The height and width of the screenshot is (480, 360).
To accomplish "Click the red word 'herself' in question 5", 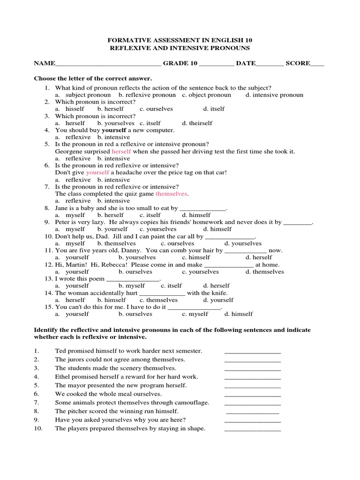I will pyautogui.click(x=121, y=151).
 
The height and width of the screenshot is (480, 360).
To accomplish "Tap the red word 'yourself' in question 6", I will pyautogui.click(x=97, y=172).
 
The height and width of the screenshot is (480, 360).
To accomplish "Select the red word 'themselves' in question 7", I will pyautogui.click(x=172, y=193).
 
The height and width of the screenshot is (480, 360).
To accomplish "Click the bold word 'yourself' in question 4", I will pyautogui.click(x=114, y=130).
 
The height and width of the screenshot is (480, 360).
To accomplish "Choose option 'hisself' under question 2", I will pyautogui.click(x=75, y=109).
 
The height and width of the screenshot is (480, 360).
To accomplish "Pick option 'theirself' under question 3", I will pyautogui.click(x=197, y=123).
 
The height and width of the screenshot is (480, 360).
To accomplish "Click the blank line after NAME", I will pyautogui.click(x=107, y=64).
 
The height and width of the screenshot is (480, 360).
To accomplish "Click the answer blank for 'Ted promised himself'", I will pyautogui.click(x=253, y=352).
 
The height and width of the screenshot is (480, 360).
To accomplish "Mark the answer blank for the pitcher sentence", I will pyautogui.click(x=253, y=412).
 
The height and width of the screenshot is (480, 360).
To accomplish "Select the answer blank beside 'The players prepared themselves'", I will pyautogui.click(x=253, y=429).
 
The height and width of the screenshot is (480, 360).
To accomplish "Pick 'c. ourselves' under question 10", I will pyautogui.click(x=177, y=244).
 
